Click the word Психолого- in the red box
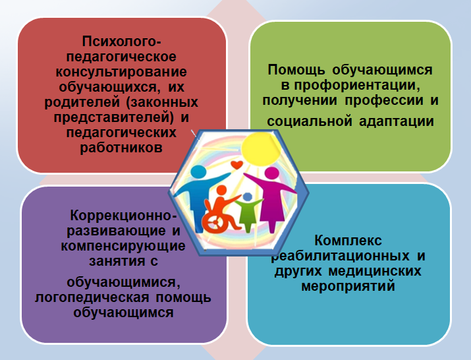[122, 42]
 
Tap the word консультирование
[121, 72]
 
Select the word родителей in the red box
[82, 102]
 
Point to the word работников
[121, 148]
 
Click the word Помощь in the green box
[296, 70]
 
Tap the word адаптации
[397, 121]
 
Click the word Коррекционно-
[123, 216]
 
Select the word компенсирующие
[123, 246]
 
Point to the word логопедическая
[92, 298]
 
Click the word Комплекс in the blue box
[348, 240]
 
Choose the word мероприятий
[348, 285]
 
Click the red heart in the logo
[236, 165]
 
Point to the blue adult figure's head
[198, 171]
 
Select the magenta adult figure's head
[272, 173]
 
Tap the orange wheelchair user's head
[221, 191]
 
